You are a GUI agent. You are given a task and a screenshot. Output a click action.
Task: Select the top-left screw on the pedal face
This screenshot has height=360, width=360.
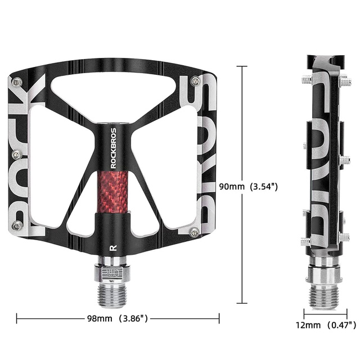tap(18, 82)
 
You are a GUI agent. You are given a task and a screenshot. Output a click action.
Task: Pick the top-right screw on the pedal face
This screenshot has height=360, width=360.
tap(195, 80)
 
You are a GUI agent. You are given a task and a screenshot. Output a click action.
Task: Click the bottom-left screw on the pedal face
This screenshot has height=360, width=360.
tap(17, 226)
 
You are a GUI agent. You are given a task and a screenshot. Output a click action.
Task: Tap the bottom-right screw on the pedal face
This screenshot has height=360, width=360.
tap(195, 231)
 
